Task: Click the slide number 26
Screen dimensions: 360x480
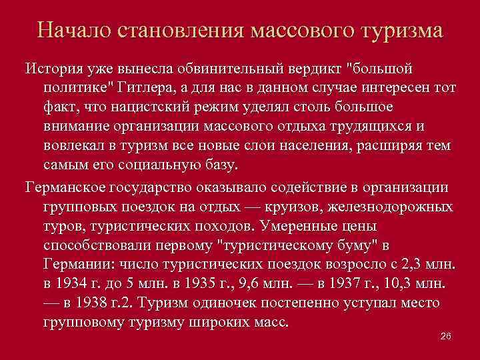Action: coord(447,337)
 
